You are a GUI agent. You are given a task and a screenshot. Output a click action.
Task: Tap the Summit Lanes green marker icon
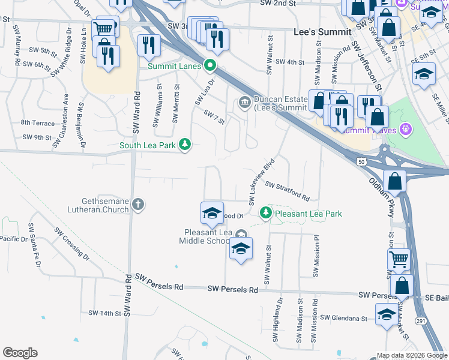[x=209, y=65]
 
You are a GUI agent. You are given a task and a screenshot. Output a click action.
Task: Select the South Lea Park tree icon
[x=185, y=145]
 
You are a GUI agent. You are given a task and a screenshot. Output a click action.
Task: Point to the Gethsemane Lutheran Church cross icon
[x=138, y=205]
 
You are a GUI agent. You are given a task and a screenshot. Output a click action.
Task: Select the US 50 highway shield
[x=360, y=162]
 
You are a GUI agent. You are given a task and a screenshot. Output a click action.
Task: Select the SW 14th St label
[x=101, y=313]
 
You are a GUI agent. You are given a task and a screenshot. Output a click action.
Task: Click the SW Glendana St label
[x=343, y=318]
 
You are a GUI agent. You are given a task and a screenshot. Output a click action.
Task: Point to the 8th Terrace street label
[x=37, y=122]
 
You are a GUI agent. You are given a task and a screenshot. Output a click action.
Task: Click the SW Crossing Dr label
[x=71, y=244]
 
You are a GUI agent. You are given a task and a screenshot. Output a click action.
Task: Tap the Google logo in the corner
[x=20, y=353]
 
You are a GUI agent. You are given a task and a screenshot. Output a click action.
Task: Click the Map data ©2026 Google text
[x=412, y=355]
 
